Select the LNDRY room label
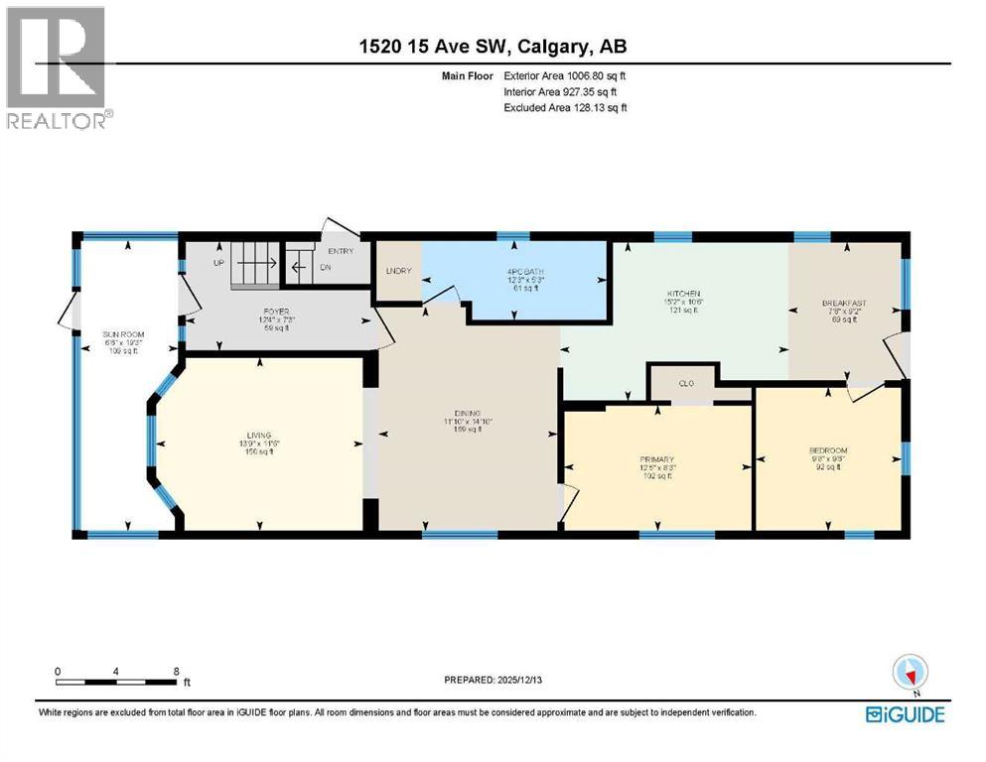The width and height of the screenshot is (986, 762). click(x=398, y=271)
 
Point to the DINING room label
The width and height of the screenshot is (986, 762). click(x=468, y=413)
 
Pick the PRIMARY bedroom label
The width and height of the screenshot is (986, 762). click(x=656, y=459)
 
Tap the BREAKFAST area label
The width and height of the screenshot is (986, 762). click(x=844, y=304)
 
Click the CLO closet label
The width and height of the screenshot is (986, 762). click(x=685, y=382)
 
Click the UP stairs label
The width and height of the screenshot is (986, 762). click(x=218, y=264)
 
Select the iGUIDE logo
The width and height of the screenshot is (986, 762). click(x=905, y=713)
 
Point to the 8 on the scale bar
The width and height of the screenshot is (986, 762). click(x=176, y=672)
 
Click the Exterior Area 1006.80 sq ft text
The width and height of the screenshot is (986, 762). click(x=565, y=75)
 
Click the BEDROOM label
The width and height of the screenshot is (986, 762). click(x=828, y=450)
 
